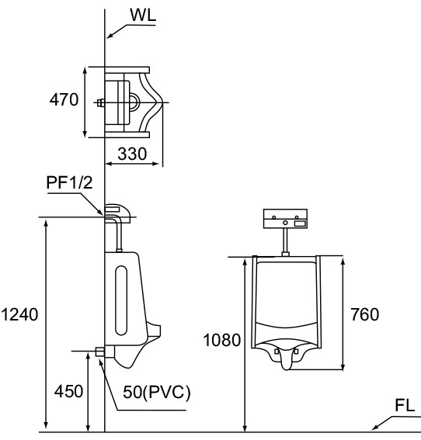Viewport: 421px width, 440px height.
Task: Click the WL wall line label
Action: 143,16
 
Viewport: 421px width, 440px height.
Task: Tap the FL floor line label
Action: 405,405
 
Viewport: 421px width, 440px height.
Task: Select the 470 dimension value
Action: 64,99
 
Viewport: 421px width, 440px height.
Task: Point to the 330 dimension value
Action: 132,154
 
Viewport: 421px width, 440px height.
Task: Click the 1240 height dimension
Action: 19,314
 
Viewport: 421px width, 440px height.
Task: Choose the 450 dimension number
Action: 68,391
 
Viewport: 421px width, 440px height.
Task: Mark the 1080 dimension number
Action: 222,340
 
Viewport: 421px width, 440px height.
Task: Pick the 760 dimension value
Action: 365,314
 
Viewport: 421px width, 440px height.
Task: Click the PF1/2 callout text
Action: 69,182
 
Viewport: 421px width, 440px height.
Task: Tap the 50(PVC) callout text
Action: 157,392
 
